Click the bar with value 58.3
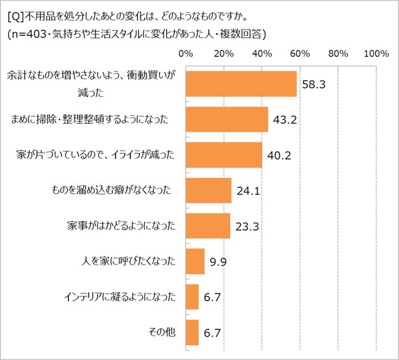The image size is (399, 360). (241, 84)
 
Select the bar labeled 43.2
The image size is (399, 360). (227, 120)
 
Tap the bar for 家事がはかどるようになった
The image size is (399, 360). (208, 226)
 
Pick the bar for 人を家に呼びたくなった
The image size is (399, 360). (195, 261)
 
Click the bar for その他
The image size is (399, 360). (192, 332)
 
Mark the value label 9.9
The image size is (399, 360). (218, 262)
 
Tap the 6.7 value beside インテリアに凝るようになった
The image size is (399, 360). (212, 297)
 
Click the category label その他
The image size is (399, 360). (164, 332)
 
